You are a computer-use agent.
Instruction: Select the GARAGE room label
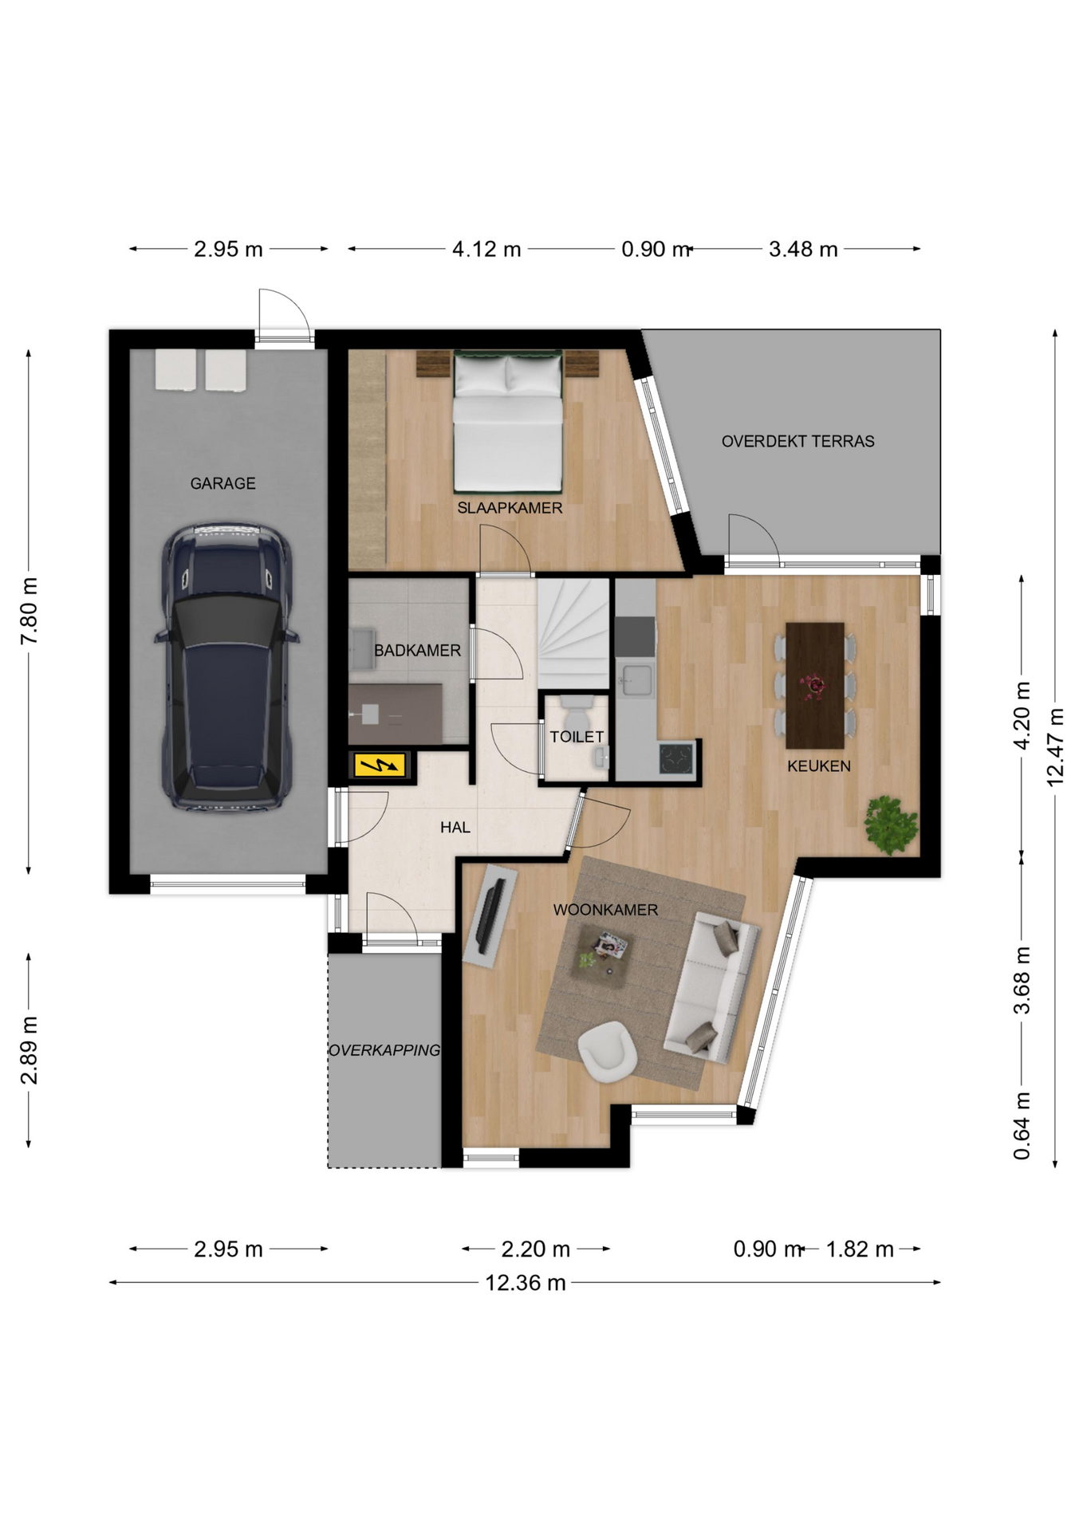point(223,483)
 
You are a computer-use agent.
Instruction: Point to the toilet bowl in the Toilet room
point(577,709)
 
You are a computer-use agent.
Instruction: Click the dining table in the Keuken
point(815,685)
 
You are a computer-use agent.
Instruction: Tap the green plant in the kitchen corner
point(892,824)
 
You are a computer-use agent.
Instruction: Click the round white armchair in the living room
point(607,1051)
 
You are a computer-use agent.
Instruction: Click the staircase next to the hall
point(573,633)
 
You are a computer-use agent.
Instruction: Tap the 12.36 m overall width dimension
point(525,1282)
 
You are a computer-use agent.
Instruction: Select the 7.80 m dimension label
point(29,612)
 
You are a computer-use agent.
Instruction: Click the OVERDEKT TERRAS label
point(797,441)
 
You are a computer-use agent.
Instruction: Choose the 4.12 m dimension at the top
point(486,250)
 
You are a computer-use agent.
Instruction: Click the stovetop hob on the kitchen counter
point(676,758)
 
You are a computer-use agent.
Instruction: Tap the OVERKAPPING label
point(384,1050)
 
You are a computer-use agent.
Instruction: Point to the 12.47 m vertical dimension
point(1055,747)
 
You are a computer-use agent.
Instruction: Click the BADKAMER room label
point(417,651)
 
